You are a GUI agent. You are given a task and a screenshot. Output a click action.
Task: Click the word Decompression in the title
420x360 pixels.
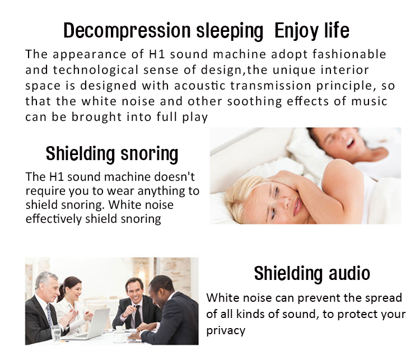click(127, 31)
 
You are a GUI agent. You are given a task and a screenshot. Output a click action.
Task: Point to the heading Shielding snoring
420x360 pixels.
click(112, 154)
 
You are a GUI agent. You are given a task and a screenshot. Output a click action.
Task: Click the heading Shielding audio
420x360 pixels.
click(312, 273)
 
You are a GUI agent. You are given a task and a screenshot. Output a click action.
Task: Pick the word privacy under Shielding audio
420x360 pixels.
click(226, 330)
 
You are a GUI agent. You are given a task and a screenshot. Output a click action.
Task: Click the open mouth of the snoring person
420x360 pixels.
click(351, 143)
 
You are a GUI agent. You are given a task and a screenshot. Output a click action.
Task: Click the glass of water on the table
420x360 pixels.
click(56, 334)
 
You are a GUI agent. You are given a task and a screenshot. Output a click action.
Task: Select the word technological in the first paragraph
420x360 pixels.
click(96, 70)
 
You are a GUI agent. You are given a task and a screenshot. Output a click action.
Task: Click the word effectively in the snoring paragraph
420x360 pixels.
click(54, 219)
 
